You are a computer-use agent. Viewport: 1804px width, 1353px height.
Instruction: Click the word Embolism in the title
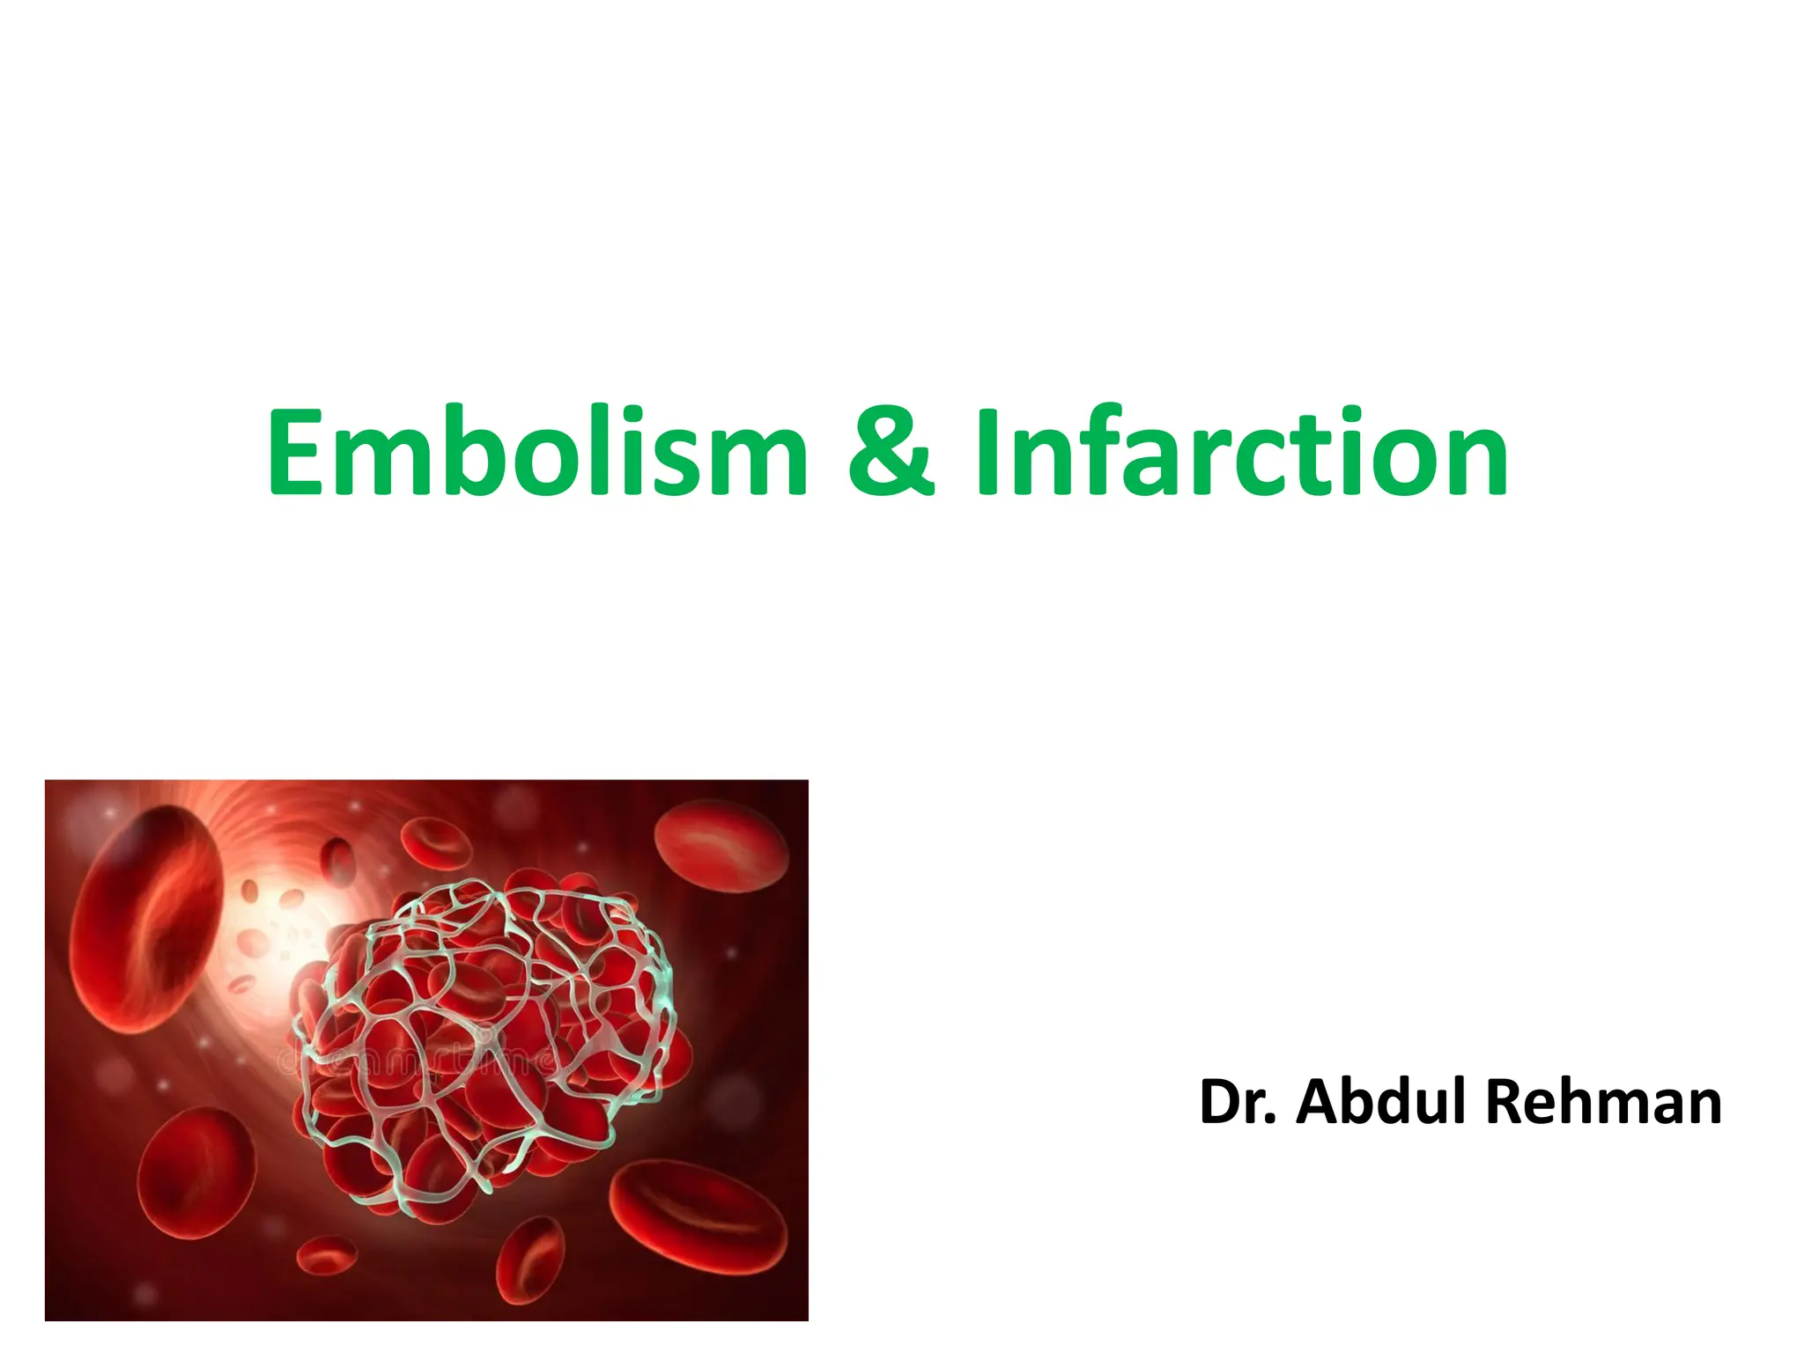(537, 452)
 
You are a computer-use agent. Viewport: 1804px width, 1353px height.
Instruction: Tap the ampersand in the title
(890, 452)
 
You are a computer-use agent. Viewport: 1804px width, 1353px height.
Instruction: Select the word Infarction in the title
(1242, 452)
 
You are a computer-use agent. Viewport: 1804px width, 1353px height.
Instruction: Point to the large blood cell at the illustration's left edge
(145, 916)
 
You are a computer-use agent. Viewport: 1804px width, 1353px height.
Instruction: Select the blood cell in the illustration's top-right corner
(722, 846)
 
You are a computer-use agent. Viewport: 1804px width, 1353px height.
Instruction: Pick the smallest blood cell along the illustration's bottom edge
(326, 1254)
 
